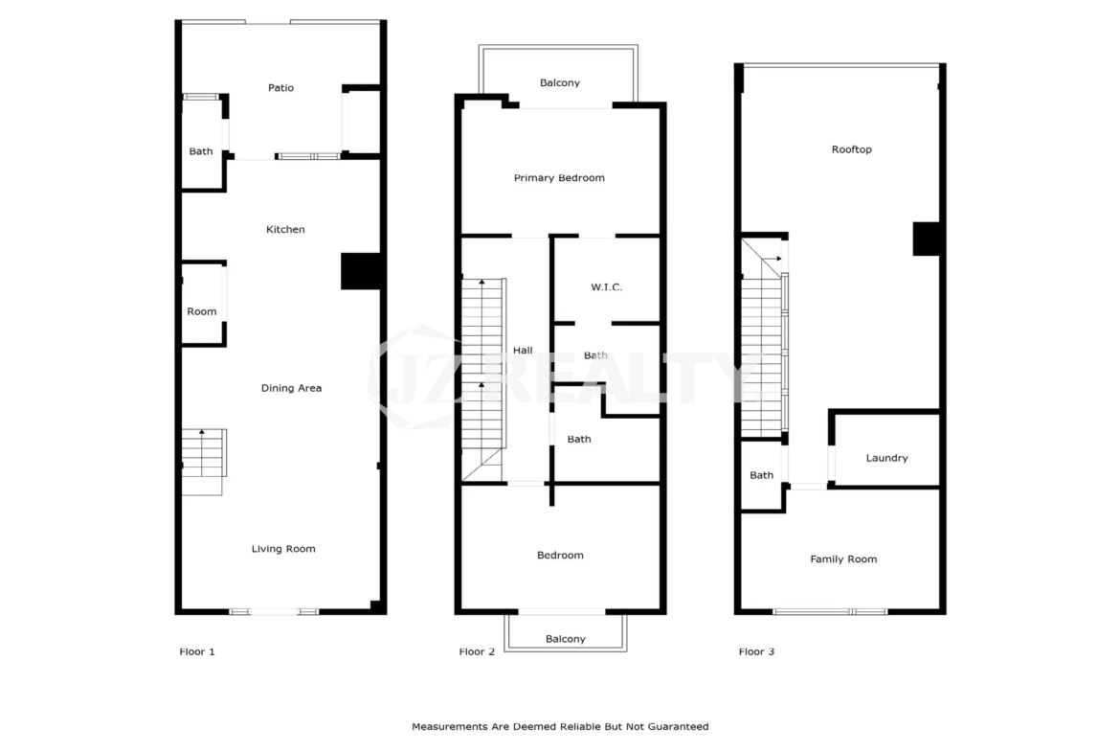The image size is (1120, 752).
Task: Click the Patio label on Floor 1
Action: tap(280, 88)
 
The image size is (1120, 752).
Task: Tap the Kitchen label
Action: tap(285, 230)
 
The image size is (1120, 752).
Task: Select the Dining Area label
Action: tap(291, 388)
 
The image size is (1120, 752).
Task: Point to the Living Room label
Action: tap(282, 549)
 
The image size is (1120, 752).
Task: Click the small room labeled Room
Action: tap(204, 304)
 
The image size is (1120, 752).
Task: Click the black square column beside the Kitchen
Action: tap(361, 271)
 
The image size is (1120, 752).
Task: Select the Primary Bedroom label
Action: tap(559, 178)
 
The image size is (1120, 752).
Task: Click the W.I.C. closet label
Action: tap(607, 287)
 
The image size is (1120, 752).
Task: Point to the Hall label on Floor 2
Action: tap(523, 351)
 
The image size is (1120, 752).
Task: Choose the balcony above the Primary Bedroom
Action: tap(559, 75)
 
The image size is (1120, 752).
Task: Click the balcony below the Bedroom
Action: tap(565, 632)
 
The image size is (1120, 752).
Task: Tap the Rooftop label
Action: tap(851, 149)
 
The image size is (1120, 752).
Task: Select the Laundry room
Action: tap(885, 449)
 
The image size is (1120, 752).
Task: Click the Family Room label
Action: tap(843, 559)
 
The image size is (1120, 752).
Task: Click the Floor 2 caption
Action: tap(477, 652)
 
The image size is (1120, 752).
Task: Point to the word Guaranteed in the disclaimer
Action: tap(679, 727)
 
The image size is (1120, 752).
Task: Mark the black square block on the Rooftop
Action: tap(927, 239)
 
